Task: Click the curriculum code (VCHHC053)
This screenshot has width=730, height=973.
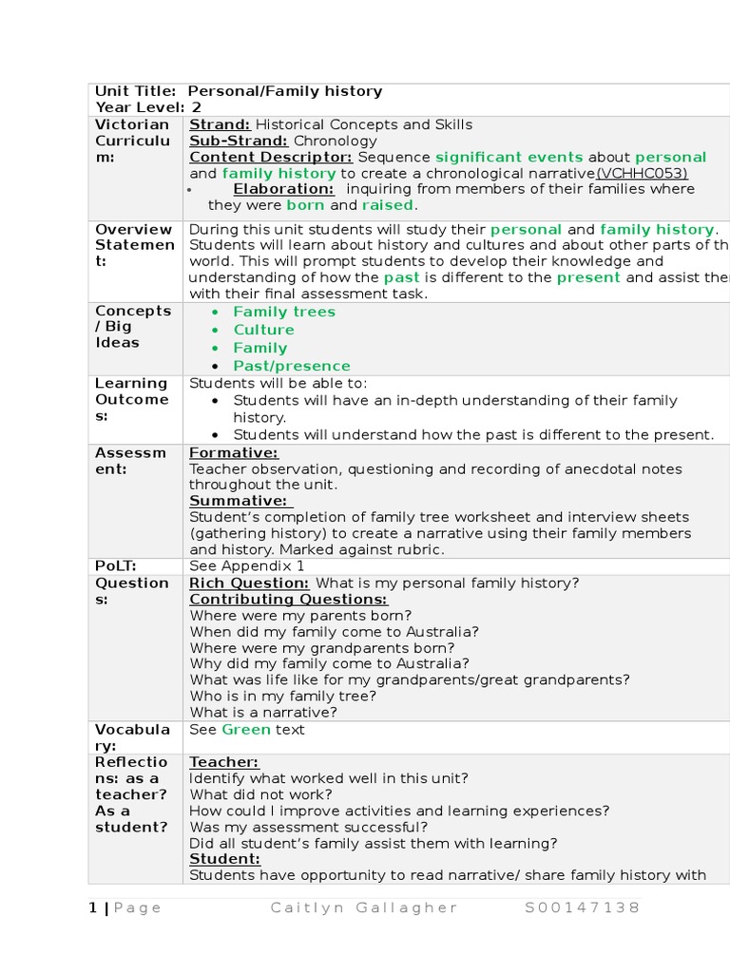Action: pyautogui.click(x=642, y=173)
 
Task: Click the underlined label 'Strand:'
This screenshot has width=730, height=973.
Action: pyautogui.click(x=220, y=124)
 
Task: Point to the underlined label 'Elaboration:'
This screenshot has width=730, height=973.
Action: pyautogui.click(x=283, y=189)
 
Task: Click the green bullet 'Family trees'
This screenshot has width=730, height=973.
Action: pyautogui.click(x=284, y=312)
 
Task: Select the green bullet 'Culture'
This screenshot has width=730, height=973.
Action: pyautogui.click(x=263, y=330)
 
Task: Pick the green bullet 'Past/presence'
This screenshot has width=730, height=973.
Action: pyautogui.click(x=292, y=366)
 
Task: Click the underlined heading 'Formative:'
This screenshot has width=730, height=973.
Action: pyautogui.click(x=234, y=452)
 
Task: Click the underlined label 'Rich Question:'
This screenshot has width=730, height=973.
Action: pyautogui.click(x=249, y=582)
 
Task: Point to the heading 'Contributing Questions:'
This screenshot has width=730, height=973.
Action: pyautogui.click(x=288, y=599)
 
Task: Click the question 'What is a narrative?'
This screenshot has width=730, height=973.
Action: pyautogui.click(x=263, y=712)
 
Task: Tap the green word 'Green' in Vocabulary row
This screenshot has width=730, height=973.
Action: pyautogui.click(x=246, y=729)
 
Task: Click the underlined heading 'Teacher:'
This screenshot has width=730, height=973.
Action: pyautogui.click(x=224, y=762)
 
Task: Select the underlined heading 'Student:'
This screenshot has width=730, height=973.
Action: pyautogui.click(x=224, y=859)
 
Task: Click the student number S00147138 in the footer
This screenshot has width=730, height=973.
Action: pyautogui.click(x=583, y=907)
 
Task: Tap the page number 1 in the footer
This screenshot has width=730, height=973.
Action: pyautogui.click(x=93, y=907)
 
